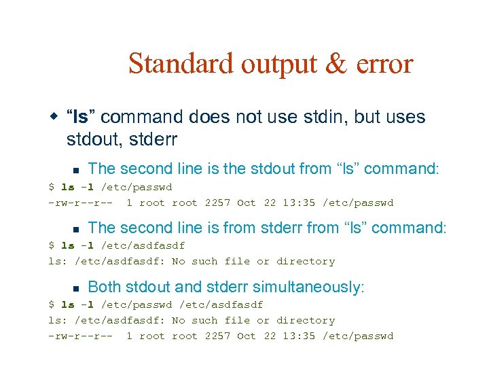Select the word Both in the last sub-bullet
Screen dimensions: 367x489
(105, 287)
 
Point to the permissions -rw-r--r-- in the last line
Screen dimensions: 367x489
(80, 336)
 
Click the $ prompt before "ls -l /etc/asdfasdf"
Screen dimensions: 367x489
(51, 245)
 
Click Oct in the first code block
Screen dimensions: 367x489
(246, 203)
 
